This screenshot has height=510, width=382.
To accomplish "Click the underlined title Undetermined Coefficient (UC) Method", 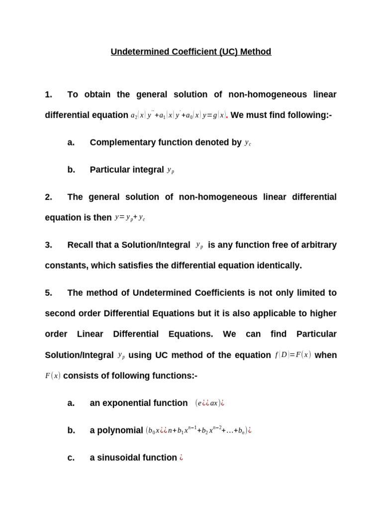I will tap(191, 52).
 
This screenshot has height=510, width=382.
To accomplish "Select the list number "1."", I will tap(48, 94).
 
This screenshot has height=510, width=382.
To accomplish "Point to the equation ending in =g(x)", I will tap(178, 116).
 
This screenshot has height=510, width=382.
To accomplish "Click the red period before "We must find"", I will tap(227, 117).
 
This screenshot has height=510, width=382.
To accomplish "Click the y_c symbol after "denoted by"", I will tap(248, 143).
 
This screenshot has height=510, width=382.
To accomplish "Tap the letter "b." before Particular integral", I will tap(71, 170).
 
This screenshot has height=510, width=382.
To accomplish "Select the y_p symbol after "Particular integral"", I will tap(171, 170).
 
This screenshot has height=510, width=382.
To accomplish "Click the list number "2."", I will tap(48, 197).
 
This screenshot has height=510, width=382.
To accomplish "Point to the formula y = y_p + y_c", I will tap(130, 218).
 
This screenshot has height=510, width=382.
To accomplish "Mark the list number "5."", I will tap(48, 293).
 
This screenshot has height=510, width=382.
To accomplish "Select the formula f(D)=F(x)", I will tap(293, 355).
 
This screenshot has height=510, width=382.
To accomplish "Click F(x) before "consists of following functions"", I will tap(53, 376).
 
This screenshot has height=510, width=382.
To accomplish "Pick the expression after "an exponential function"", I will tap(209, 403).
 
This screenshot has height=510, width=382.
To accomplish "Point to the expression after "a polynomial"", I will tap(198, 430).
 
